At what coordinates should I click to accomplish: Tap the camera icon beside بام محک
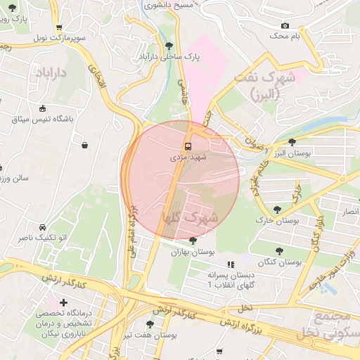tap(285, 25)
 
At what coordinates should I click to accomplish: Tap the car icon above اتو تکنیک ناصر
tap(44, 227)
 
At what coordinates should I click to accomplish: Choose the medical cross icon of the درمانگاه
tap(64, 302)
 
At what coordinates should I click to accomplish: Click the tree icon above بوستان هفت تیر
tap(149, 324)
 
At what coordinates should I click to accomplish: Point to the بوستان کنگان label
tap(279, 262)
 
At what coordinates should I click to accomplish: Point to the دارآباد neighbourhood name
tap(51, 72)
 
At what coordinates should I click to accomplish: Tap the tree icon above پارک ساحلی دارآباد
tap(169, 46)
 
